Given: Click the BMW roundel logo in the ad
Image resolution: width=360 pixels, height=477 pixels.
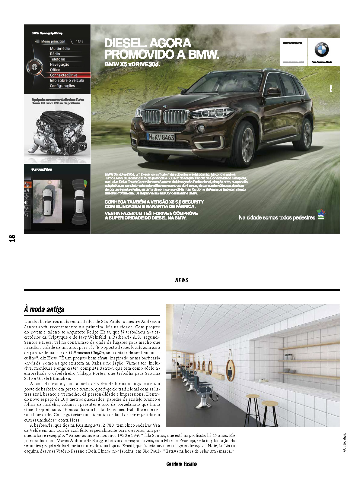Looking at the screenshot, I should [x=322, y=50].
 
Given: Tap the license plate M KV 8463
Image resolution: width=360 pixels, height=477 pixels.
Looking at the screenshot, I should [x=161, y=137].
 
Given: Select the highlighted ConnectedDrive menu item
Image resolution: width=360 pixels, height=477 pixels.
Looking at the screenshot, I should [x=63, y=75].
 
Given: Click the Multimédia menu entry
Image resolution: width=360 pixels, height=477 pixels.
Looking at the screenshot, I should [x=60, y=49].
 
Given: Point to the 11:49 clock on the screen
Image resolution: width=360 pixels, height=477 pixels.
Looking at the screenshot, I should [x=80, y=41].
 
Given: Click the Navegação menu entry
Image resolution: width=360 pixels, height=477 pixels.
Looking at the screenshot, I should [x=59, y=65].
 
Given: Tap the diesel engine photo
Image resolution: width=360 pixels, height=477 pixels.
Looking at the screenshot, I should [x=57, y=133].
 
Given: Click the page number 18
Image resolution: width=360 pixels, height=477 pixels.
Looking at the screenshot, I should [x=12, y=238].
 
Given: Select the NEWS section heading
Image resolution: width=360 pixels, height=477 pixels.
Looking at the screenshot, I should [x=182, y=280].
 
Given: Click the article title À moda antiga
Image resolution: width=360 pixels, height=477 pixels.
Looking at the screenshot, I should [x=44, y=309].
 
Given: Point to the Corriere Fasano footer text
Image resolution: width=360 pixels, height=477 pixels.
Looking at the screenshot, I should [x=181, y=464].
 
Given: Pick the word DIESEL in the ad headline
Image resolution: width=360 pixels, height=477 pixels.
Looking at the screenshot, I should [x=124, y=43].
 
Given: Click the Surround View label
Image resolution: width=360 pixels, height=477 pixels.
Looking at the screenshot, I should [x=42, y=169].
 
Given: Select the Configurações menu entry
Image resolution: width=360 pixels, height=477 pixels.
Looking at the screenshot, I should [x=62, y=86].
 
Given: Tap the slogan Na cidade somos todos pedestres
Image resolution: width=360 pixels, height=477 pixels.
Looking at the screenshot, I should [x=277, y=217].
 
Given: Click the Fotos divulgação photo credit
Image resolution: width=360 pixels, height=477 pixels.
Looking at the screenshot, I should [x=345, y=442].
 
